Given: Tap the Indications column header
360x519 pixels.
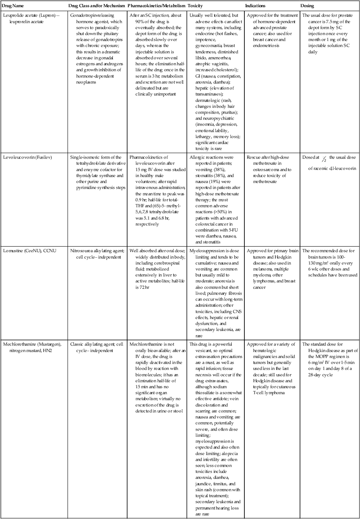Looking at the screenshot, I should [x=256, y=6].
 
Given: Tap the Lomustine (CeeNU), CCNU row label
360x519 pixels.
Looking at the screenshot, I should [x=27, y=251].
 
